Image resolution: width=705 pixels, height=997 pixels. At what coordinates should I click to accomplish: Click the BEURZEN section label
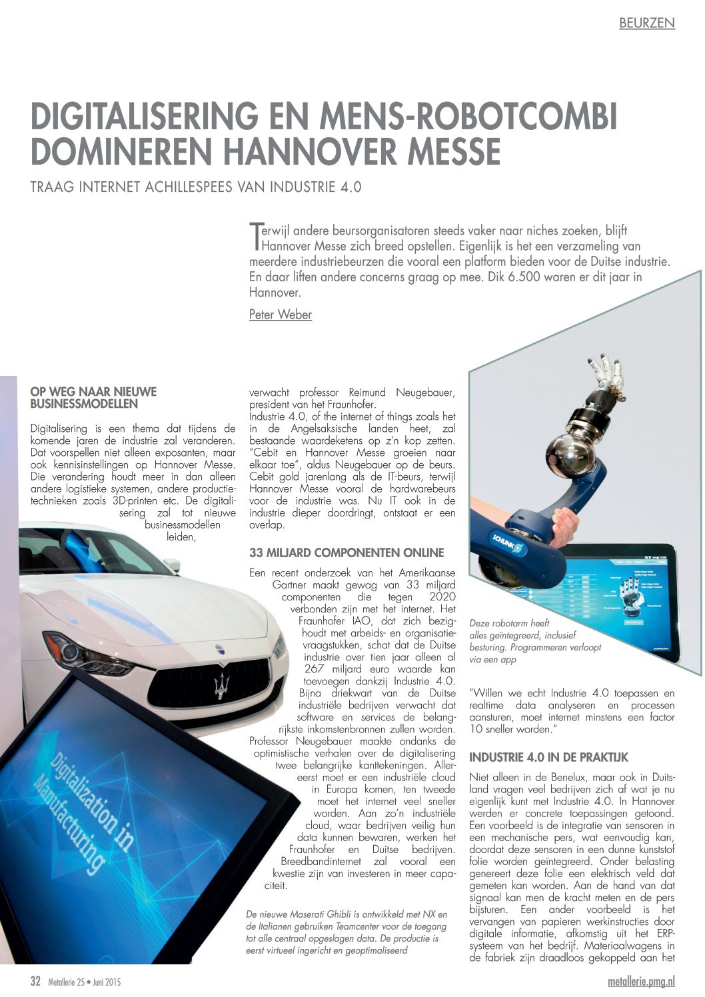pos(646,23)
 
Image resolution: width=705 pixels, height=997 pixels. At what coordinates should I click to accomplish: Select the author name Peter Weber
pos(280,315)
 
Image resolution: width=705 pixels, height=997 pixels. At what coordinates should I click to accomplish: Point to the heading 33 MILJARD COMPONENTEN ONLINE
pos(346,552)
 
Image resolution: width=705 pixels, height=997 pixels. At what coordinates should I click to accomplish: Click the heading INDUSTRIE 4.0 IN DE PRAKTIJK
pos(548,757)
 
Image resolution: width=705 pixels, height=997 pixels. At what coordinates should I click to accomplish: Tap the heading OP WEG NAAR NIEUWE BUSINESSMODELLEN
pos(93,397)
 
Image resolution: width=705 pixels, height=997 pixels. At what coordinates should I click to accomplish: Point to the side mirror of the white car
pos(172,564)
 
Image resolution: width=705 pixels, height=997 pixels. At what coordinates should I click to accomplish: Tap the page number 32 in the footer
pos(36,981)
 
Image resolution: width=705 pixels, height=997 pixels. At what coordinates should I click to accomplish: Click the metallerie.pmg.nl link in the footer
pos(641,982)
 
